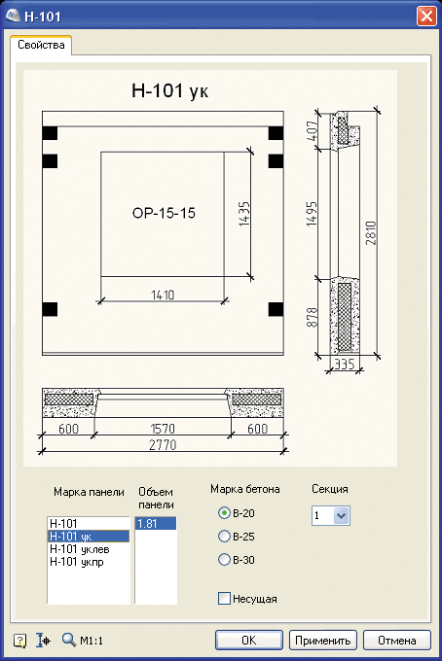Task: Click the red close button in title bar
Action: point(426,16)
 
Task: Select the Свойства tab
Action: point(41,45)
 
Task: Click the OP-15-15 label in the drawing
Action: point(164,213)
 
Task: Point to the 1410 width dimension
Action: point(163,295)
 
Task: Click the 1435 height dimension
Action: point(244,214)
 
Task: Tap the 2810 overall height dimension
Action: point(371,232)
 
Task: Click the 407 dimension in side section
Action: point(312,130)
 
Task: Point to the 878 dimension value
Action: point(312,318)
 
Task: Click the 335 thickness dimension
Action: point(345,364)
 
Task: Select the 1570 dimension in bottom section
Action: point(163,429)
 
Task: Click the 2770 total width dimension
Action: point(163,445)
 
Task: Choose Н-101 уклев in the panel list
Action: point(80,549)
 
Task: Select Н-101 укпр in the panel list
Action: point(77,562)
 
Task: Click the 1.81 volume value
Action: point(147,524)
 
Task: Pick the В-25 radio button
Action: point(224,537)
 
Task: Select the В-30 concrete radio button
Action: point(224,559)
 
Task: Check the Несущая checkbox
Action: point(224,598)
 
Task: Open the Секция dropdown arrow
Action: point(341,515)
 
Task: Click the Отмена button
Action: point(397,641)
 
